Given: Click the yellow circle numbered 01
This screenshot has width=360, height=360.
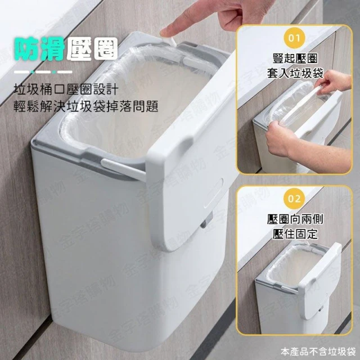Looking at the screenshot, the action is pyautogui.click(x=295, y=38).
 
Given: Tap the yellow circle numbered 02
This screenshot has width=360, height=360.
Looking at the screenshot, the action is pyautogui.click(x=295, y=199).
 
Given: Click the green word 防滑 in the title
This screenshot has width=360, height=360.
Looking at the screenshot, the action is pyautogui.click(x=39, y=49).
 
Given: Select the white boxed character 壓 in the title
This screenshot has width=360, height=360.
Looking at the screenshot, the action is pyautogui.click(x=79, y=49).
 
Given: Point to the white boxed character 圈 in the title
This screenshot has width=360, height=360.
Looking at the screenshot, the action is pyautogui.click(x=106, y=49).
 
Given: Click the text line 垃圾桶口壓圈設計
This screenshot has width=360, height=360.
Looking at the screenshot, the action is pyautogui.click(x=66, y=89).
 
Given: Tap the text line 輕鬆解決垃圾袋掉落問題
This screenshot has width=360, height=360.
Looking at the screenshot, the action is pyautogui.click(x=86, y=106).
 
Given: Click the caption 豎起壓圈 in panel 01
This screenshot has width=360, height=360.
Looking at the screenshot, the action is pyautogui.click(x=295, y=58).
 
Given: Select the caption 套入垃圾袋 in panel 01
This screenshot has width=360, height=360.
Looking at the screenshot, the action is pyautogui.click(x=295, y=73).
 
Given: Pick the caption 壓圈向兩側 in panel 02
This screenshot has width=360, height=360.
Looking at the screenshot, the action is pyautogui.click(x=295, y=219).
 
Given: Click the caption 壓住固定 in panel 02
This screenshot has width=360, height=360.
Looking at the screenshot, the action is pyautogui.click(x=295, y=234).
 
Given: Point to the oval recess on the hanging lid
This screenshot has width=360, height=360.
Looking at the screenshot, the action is pyautogui.click(x=214, y=193).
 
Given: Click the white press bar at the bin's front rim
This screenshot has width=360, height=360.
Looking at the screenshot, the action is pyautogui.click(x=123, y=169).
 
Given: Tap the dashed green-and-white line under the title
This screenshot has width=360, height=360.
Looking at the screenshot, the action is pyautogui.click(x=43, y=72).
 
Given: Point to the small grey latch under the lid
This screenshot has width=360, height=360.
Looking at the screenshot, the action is pyautogui.click(x=206, y=221).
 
